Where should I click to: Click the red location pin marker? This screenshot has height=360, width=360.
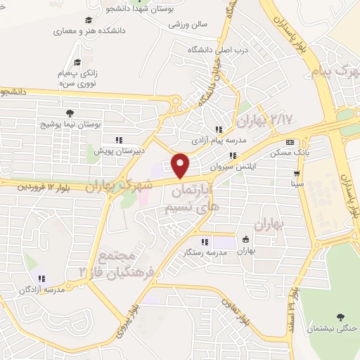click(x=181, y=165)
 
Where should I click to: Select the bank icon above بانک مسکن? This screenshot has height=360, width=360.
click(x=290, y=142)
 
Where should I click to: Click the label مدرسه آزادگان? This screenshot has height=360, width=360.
click(x=41, y=289)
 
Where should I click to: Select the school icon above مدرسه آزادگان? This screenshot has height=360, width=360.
click(x=41, y=278)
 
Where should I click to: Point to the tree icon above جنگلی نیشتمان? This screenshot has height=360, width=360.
click(x=341, y=318)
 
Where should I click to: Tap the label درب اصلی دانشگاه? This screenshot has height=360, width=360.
click(x=210, y=51)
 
